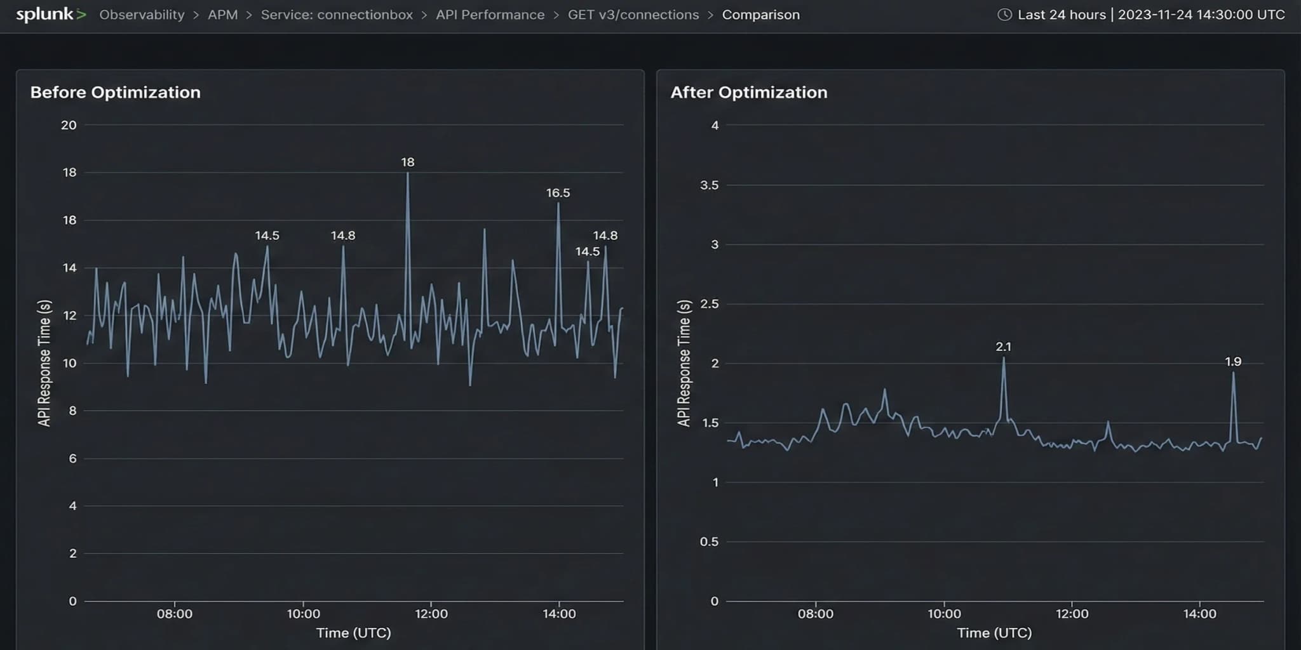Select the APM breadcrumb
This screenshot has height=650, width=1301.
tap(222, 15)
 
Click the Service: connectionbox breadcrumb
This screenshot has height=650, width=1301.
tap(337, 15)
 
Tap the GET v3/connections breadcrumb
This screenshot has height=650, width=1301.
tap(633, 15)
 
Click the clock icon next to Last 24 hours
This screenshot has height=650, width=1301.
tap(1004, 15)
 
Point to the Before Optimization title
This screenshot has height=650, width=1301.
tap(115, 92)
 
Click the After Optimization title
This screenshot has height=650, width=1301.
tap(748, 92)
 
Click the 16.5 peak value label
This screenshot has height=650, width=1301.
tap(558, 193)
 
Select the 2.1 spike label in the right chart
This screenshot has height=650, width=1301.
tap(1003, 347)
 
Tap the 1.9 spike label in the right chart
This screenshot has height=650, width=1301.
tap(1232, 362)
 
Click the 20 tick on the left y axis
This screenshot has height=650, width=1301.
tap(69, 125)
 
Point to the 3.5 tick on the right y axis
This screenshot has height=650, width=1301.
tap(709, 185)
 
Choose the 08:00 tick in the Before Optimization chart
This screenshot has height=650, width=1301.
tap(175, 614)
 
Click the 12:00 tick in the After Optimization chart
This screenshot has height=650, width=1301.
tap(1072, 614)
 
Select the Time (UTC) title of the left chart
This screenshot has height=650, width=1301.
tap(353, 633)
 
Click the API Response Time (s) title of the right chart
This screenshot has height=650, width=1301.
tap(684, 363)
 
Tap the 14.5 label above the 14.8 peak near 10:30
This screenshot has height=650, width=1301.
tap(267, 235)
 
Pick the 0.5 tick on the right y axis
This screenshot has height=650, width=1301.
tap(709, 541)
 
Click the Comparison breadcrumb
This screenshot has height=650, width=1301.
tap(760, 15)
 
